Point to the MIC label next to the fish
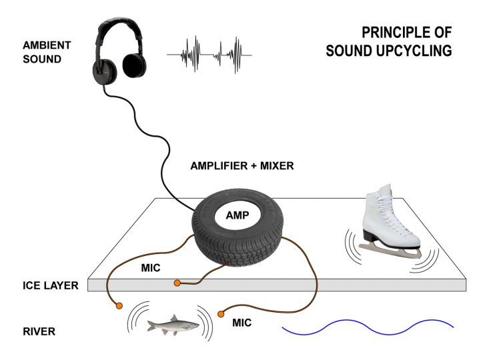point(241,323)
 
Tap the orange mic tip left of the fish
point(118,306)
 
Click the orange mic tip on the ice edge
point(177,284)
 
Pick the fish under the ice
point(172,325)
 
